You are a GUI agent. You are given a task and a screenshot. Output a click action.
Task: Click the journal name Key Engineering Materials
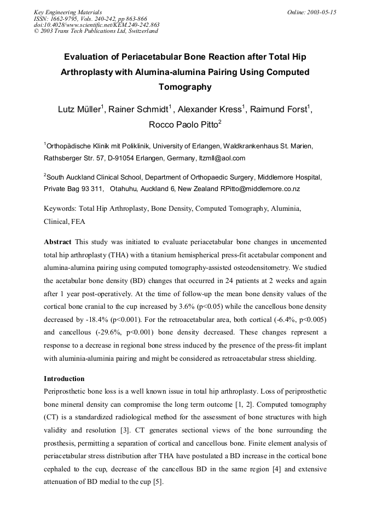(67, 11)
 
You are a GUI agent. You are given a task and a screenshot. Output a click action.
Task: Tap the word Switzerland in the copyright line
(140, 31)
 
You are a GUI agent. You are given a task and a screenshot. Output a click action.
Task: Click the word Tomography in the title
(184, 87)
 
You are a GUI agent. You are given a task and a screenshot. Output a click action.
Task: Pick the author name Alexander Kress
(207, 109)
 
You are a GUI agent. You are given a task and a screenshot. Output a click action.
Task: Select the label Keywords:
(60, 209)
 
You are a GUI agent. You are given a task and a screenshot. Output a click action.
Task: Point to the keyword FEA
(78, 223)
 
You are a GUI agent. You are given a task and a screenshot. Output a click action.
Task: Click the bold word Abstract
(57, 242)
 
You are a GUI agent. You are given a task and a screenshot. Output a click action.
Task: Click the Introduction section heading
(64, 379)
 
